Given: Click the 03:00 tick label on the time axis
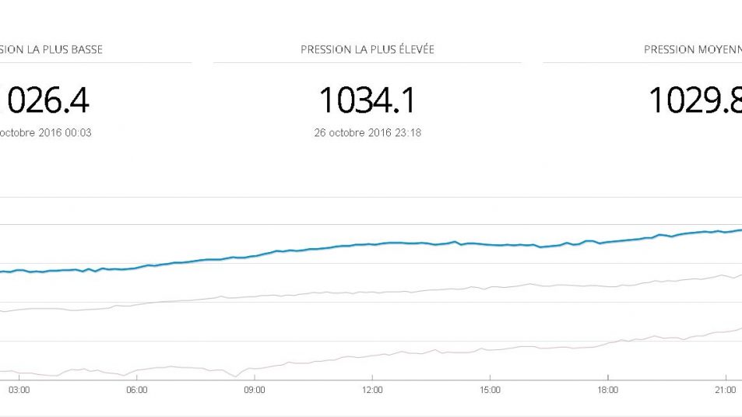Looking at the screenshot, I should [19, 389].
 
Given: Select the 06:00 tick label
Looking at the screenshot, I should [136, 389].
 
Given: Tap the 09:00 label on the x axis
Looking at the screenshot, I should [254, 389].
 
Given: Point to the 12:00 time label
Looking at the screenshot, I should [372, 389].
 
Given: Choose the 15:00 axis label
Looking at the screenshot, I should [490, 389].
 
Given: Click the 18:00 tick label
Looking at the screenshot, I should [607, 389].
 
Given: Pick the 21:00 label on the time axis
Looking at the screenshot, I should [725, 389].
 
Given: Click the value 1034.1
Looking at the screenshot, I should [367, 100].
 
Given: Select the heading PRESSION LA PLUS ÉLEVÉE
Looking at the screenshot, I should [367, 50].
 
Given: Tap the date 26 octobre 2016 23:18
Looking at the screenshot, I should [367, 133].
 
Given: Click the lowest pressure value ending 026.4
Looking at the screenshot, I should [47, 100].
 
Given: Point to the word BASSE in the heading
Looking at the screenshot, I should [86, 50].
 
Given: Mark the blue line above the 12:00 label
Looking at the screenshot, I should [372, 244].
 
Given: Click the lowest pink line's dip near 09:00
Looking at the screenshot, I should [235, 377].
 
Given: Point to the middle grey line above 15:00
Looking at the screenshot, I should [490, 289].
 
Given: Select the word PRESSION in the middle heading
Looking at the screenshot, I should [325, 50].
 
